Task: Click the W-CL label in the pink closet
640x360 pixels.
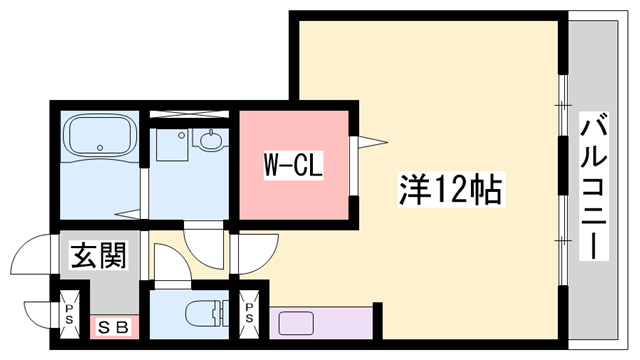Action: point(291,164)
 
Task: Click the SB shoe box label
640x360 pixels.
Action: point(111,326)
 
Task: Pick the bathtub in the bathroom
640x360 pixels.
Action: point(98,134)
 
